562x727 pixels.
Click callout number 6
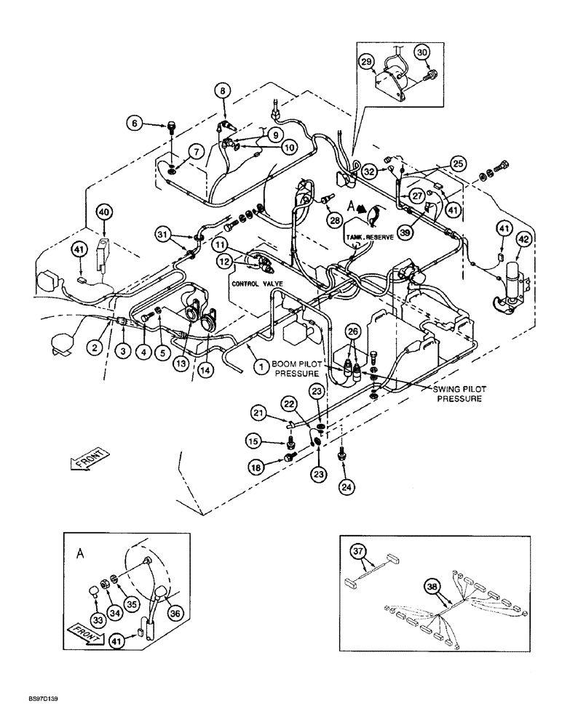tap(135, 124)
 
